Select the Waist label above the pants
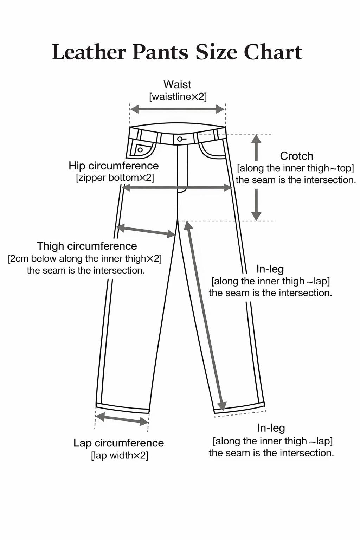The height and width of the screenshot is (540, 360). pyautogui.click(x=177, y=84)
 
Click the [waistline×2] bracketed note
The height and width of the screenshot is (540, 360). pyautogui.click(x=178, y=97)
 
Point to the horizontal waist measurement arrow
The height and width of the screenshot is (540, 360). pyautogui.click(x=178, y=109)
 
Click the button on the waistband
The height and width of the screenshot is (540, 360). pyautogui.click(x=180, y=139)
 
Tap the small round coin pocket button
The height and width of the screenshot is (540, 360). pyautogui.click(x=140, y=150)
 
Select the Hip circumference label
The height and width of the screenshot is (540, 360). pyautogui.click(x=114, y=166)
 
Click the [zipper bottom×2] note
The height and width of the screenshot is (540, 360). pyautogui.click(x=115, y=178)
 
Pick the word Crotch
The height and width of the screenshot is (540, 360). pyautogui.click(x=297, y=156)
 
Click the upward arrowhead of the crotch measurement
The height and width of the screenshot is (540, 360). pyautogui.click(x=256, y=139)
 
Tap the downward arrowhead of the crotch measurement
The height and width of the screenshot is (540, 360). pyautogui.click(x=256, y=216)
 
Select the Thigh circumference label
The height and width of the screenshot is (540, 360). pyautogui.click(x=87, y=246)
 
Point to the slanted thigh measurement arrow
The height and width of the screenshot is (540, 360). pyautogui.click(x=146, y=231)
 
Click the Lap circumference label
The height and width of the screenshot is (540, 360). pyautogui.click(x=118, y=443)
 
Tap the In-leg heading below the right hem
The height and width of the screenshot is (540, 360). pyautogui.click(x=271, y=428)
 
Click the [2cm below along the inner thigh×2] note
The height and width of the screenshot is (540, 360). pyautogui.click(x=85, y=259)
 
